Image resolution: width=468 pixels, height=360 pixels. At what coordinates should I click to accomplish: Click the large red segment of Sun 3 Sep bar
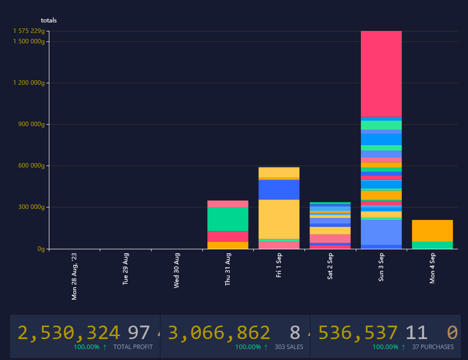[x=381, y=74]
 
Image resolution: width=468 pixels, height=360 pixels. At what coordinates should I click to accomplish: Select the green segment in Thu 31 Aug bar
[x=228, y=219]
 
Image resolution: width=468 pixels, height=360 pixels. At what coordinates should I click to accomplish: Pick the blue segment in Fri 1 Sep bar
[x=279, y=189]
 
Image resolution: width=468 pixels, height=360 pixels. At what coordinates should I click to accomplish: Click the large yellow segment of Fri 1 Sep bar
[x=279, y=219]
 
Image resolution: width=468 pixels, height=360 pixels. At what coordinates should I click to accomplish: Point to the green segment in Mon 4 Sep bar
[x=432, y=245]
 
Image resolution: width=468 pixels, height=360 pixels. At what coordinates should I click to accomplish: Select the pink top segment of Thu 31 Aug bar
[x=228, y=203]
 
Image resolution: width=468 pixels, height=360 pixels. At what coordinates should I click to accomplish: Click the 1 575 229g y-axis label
[x=29, y=31]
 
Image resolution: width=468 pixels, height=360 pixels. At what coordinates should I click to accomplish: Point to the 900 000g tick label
[x=29, y=124]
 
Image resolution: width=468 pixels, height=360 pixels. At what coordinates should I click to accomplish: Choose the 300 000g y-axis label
[x=29, y=207]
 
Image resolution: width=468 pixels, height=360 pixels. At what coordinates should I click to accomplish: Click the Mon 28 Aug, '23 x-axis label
[x=74, y=276]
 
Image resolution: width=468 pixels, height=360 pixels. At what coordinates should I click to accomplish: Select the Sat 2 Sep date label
[x=330, y=266]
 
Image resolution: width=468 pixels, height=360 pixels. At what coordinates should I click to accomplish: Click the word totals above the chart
[x=49, y=20]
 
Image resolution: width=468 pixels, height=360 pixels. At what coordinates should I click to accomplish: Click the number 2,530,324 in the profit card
[x=69, y=333]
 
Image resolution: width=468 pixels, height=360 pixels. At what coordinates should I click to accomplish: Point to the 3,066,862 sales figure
[x=219, y=333]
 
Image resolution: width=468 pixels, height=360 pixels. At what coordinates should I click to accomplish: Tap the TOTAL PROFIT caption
[x=133, y=347]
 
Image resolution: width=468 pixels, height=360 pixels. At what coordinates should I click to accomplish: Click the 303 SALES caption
[x=289, y=347]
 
